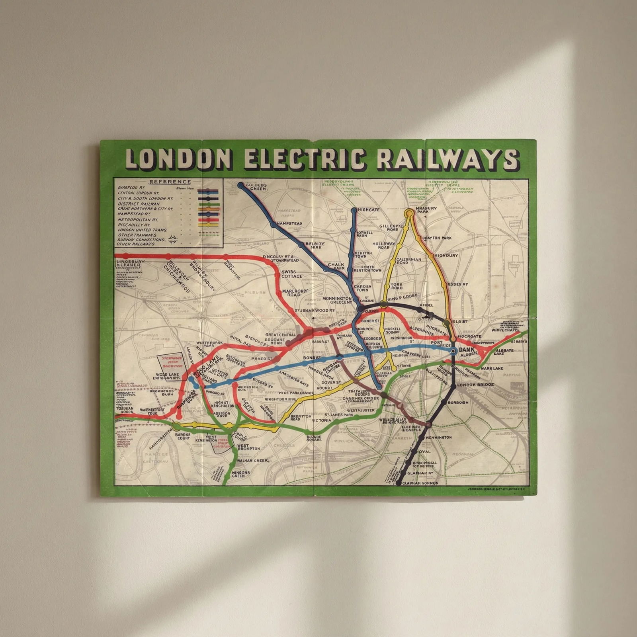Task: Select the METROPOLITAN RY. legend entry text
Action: pyautogui.click(x=138, y=219)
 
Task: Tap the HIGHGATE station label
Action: pyautogui.click(x=368, y=209)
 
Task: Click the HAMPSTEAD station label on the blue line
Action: pyautogui.click(x=289, y=224)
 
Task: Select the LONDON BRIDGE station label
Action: pyautogui.click(x=475, y=385)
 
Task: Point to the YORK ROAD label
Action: pyautogui.click(x=397, y=286)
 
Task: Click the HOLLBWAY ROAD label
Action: pyautogui.click(x=384, y=245)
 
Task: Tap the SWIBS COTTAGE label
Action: pyautogui.click(x=292, y=274)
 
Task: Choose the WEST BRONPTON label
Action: pyautogui.click(x=248, y=447)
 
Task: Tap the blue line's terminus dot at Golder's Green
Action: pyautogui.click(x=240, y=185)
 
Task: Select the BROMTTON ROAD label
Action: pyautogui.click(x=301, y=417)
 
